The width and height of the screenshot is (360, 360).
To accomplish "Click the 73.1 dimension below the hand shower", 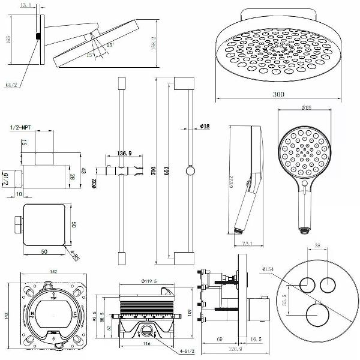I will pos(246,244).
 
